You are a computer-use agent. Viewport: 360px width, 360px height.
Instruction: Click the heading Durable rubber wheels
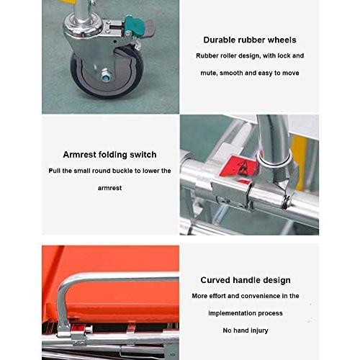[250, 40]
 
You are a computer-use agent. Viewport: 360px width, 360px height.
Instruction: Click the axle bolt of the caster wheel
[105, 75]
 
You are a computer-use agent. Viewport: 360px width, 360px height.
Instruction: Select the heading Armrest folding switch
[109, 155]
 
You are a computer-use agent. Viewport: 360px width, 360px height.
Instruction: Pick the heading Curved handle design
[246, 280]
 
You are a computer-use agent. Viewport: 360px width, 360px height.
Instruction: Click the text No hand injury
[246, 330]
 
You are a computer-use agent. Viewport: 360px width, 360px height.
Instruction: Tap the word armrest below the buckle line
[109, 188]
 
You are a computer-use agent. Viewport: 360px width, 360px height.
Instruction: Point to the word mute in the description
[209, 73]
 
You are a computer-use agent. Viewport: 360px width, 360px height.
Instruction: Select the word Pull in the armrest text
[54, 171]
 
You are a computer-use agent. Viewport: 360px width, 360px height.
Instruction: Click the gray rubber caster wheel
[107, 72]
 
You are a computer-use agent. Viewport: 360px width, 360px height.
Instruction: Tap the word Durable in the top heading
[219, 40]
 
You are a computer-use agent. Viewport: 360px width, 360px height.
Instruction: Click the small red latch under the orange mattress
[77, 328]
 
